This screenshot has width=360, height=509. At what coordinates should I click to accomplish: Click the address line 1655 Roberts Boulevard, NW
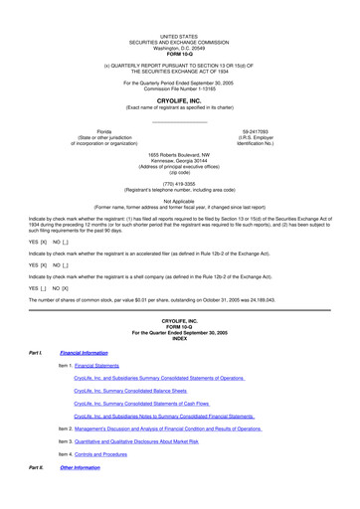[x=180, y=153]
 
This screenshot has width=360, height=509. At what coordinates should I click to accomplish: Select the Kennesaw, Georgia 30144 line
[x=180, y=159]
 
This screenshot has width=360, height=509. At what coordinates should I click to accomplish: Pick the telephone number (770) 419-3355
[x=180, y=182]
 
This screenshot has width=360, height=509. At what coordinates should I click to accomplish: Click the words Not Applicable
[x=180, y=200]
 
